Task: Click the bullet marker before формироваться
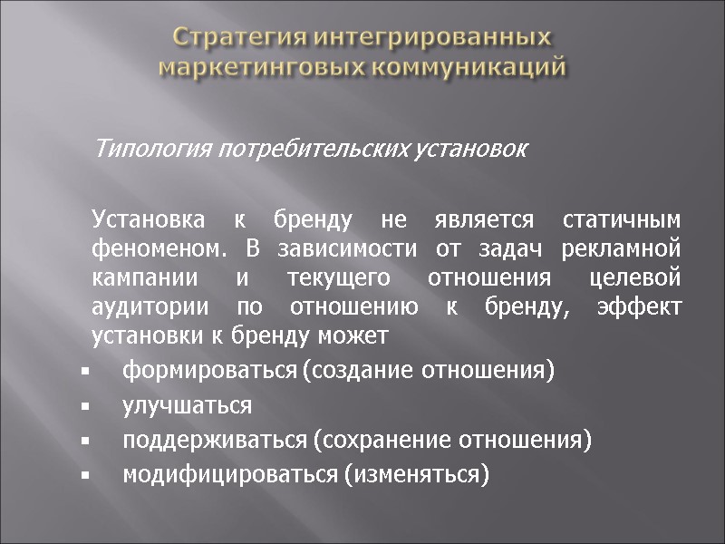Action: pyautogui.click(x=83, y=372)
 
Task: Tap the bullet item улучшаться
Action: pyautogui.click(x=188, y=405)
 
